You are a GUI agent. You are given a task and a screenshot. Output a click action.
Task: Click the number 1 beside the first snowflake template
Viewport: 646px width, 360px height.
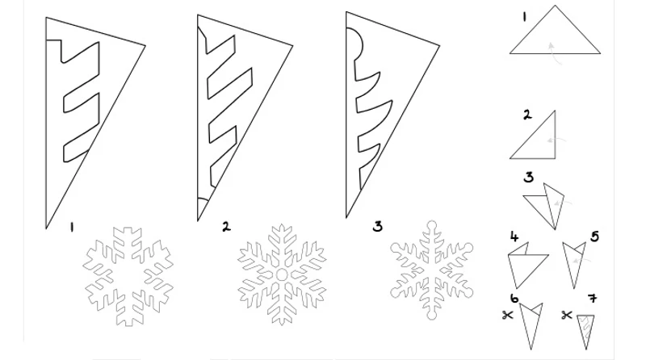tap(72, 228)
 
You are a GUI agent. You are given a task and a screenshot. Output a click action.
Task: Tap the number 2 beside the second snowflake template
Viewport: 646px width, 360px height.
tap(226, 227)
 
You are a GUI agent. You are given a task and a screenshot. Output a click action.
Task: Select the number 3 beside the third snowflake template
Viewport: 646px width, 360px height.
tap(377, 227)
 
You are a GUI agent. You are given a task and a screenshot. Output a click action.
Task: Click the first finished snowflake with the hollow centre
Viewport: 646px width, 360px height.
tap(128, 276)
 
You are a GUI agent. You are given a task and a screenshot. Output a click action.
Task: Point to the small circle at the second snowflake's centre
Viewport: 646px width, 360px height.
tap(282, 274)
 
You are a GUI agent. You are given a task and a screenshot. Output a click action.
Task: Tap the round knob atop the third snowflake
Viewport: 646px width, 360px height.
tap(432, 226)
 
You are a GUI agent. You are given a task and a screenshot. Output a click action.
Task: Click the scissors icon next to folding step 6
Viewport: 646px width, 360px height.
tap(508, 316)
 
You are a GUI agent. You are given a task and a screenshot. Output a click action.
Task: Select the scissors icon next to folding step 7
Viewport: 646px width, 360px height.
tap(567, 316)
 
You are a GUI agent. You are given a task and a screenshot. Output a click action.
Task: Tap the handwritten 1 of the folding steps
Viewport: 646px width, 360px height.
tap(524, 17)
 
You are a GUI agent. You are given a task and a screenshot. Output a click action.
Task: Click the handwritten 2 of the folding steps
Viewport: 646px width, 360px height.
tap(527, 115)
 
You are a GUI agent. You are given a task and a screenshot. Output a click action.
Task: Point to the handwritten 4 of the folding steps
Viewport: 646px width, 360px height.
tap(514, 237)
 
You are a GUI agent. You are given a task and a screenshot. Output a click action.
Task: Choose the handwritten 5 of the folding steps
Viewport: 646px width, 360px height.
tap(594, 237)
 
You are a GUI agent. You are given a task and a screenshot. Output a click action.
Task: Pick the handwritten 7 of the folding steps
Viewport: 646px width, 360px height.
tap(593, 298)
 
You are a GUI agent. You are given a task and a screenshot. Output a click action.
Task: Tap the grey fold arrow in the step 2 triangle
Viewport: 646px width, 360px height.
tap(556, 140)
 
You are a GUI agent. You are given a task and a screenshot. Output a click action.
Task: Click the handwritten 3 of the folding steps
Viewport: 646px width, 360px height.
tap(529, 177)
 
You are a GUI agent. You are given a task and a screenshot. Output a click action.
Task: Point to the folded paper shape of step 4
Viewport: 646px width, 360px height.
tap(526, 266)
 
